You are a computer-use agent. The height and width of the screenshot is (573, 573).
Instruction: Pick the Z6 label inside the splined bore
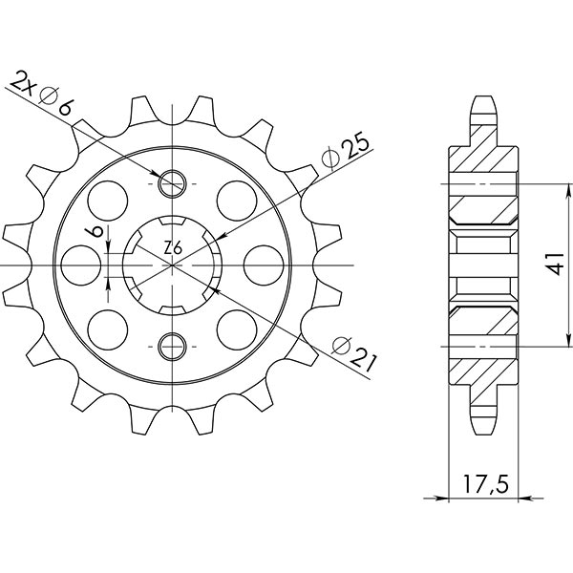pos(172,248)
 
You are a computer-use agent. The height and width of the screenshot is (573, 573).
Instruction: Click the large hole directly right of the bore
pos(261,263)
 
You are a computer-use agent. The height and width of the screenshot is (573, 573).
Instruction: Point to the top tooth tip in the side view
pos(483,98)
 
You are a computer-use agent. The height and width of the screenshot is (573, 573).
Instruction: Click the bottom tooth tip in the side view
pos(483,427)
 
